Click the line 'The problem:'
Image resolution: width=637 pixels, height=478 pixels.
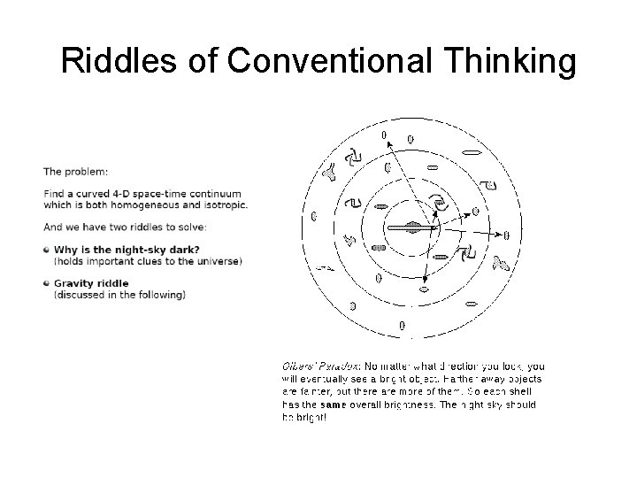[x=76, y=172]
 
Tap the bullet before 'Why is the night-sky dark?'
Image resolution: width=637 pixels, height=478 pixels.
[x=46, y=251]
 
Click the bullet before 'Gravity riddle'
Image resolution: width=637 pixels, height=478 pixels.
[x=46, y=283]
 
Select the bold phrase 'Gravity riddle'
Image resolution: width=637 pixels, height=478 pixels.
[x=91, y=283]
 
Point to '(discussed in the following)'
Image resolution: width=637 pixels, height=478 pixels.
[x=119, y=295]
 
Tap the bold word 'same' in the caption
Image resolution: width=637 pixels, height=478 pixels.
[x=334, y=405]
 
